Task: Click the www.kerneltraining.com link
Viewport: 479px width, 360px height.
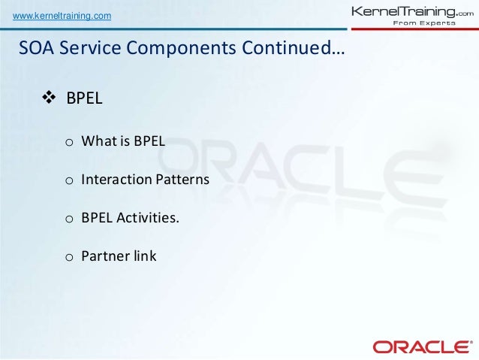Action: coord(62,16)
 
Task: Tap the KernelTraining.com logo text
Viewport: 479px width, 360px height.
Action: coord(412,12)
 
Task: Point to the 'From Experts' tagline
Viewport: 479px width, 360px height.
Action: coord(424,23)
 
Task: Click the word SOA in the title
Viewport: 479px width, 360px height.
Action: coord(36,47)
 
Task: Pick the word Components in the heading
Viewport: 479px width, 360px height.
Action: coord(181,49)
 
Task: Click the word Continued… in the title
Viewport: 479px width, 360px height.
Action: coord(294,47)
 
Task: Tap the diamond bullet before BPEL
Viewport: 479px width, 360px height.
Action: coord(49,98)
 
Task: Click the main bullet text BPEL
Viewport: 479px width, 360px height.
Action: coord(84,98)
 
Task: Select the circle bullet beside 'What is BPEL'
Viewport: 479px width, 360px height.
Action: coord(69,142)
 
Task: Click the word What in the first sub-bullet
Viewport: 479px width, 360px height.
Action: coord(99,141)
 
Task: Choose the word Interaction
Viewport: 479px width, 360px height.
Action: coord(116,179)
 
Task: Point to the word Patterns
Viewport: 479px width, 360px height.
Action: coord(182,179)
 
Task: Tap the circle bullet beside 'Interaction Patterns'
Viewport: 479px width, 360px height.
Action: coord(69,181)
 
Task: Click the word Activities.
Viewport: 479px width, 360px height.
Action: coord(148,217)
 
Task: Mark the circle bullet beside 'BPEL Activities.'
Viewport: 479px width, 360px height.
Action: coord(69,219)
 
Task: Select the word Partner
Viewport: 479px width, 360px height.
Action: coord(101,256)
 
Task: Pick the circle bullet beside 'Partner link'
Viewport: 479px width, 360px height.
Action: coord(69,257)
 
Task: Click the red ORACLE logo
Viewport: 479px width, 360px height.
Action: coord(421,347)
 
